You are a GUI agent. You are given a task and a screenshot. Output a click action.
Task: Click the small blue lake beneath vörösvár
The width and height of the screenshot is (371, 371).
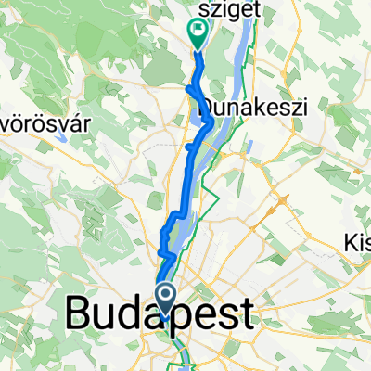pyautogui.click(x=60, y=136)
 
